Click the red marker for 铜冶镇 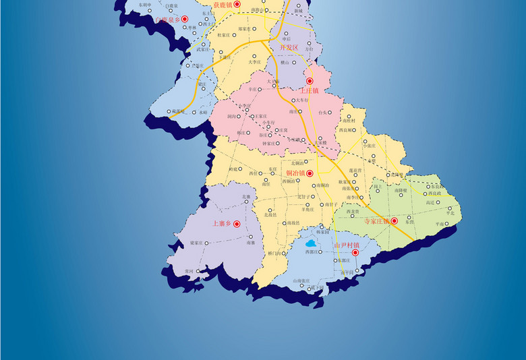point(311,173)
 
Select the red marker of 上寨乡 point(237,224)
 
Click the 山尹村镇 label point(346,245)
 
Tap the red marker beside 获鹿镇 point(237,4)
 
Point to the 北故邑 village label point(270,215)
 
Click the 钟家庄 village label point(269,143)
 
